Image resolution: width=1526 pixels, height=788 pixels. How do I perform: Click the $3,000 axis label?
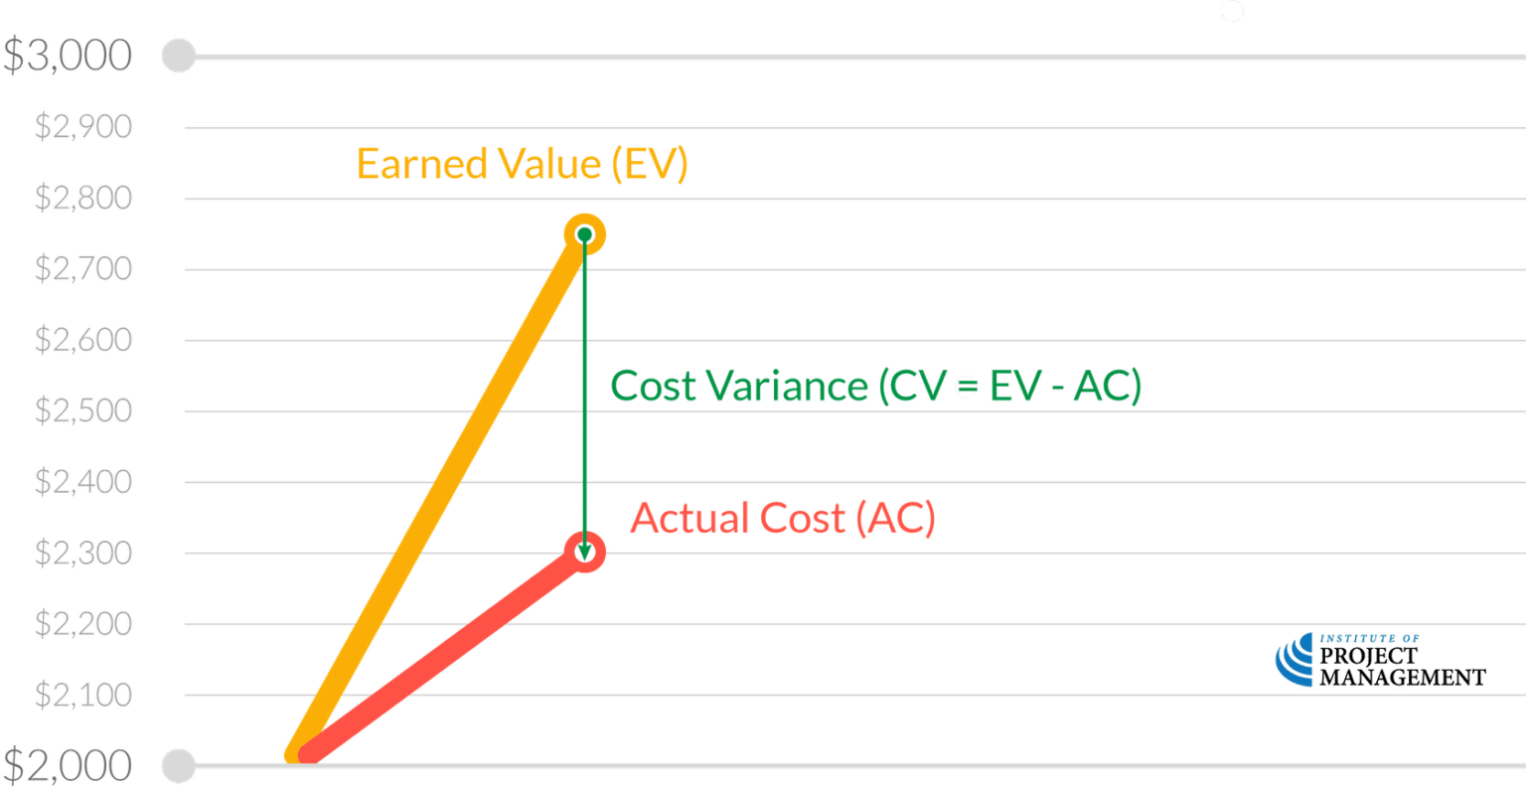pos(68,56)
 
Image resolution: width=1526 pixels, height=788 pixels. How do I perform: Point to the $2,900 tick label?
pos(83,127)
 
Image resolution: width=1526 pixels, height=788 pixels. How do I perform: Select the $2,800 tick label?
pos(83,199)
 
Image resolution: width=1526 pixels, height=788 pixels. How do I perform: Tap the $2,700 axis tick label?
pos(83,269)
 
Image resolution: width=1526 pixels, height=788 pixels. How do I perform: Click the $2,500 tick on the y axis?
pos(83,410)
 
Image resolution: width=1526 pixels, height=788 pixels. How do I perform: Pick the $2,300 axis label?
pos(83,552)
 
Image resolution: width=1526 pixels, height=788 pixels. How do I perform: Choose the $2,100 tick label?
pos(83,695)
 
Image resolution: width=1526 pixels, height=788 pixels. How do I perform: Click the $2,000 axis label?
pos(68,765)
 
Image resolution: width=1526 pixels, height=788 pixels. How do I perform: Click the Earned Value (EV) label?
pos(522,164)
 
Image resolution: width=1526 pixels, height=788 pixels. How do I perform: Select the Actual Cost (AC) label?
pos(783,519)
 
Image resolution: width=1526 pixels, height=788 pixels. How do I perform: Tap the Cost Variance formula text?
pos(875,387)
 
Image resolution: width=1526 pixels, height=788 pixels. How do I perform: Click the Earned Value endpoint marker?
pos(584,235)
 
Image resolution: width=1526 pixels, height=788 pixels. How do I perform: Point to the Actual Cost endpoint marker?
pos(585,551)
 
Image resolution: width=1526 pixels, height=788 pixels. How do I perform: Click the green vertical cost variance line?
pos(584,397)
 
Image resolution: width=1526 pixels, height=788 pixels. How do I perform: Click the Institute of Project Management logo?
pos(1380,661)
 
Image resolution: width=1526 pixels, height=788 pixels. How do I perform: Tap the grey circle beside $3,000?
pos(179,56)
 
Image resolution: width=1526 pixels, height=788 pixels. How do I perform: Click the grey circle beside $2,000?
pos(179,765)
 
